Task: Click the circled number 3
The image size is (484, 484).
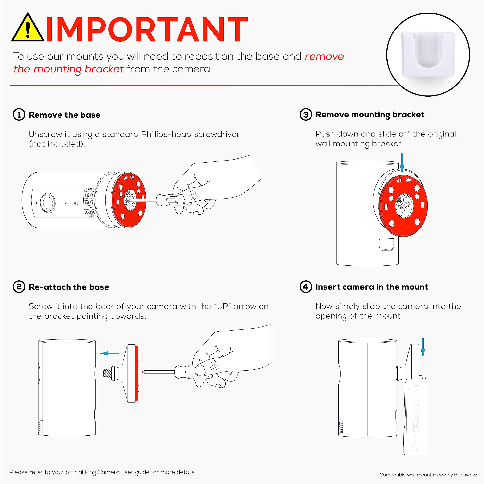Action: click(x=306, y=115)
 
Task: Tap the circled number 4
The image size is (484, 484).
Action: click(x=306, y=287)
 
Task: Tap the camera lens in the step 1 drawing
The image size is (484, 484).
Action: click(x=48, y=202)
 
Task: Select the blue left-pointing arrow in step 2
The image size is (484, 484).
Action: click(x=110, y=353)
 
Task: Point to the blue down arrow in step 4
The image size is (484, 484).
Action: click(x=423, y=347)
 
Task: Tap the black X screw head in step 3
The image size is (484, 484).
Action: click(x=399, y=200)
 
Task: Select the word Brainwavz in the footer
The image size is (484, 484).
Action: click(x=465, y=475)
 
